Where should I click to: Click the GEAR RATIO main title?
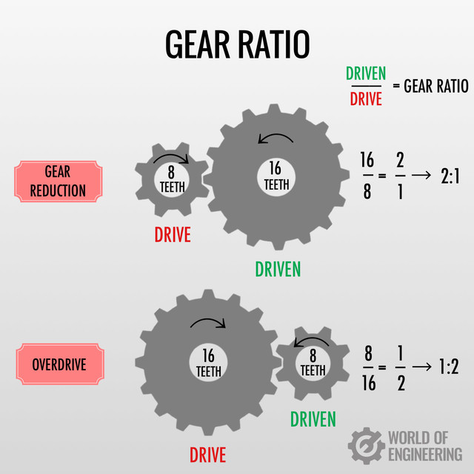[x=237, y=45]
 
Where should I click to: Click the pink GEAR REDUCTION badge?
[x=58, y=181]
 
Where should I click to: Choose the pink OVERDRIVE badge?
[x=60, y=364]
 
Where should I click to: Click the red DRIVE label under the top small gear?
[x=173, y=235]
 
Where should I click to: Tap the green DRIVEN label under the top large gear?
[x=278, y=269]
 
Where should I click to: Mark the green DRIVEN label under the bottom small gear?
[x=313, y=419]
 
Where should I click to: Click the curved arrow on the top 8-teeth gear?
[x=172, y=157]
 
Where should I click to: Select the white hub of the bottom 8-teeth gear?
[x=313, y=363]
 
